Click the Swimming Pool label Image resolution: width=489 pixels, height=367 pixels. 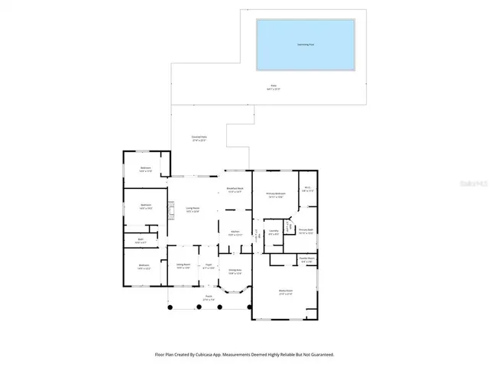[306, 44]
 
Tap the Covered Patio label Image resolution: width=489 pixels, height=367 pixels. [199, 138]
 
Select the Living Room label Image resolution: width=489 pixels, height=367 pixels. [193, 209]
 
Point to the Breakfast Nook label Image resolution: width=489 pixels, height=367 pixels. [235, 190]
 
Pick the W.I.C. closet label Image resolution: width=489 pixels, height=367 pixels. [307, 189]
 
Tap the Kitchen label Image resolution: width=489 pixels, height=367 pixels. [235, 233]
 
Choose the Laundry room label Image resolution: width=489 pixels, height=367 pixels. [273, 232]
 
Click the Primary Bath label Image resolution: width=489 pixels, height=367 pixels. [306, 232]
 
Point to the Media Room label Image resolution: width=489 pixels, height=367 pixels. [285, 292]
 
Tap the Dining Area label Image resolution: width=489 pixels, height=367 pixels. [235, 271]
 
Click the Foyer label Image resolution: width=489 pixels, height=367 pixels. [208, 267]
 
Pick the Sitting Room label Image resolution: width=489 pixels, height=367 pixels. [183, 267]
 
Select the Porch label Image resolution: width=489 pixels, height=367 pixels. [208, 298]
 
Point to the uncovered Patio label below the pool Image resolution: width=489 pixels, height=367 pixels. [274, 87]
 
